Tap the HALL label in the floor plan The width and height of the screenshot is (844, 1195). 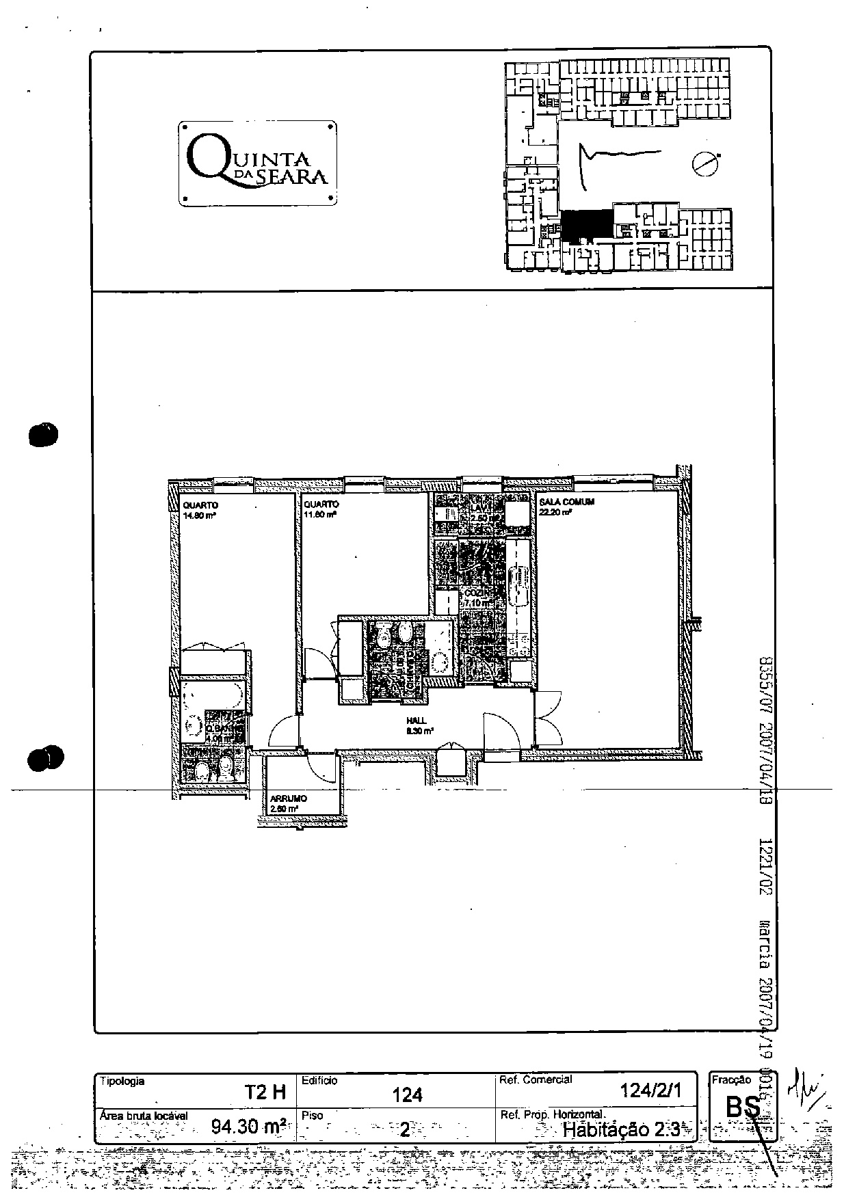click(417, 721)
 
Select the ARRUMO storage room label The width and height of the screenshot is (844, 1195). click(288, 798)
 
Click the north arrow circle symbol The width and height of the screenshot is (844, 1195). click(704, 164)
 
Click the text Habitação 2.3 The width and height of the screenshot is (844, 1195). click(620, 1129)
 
